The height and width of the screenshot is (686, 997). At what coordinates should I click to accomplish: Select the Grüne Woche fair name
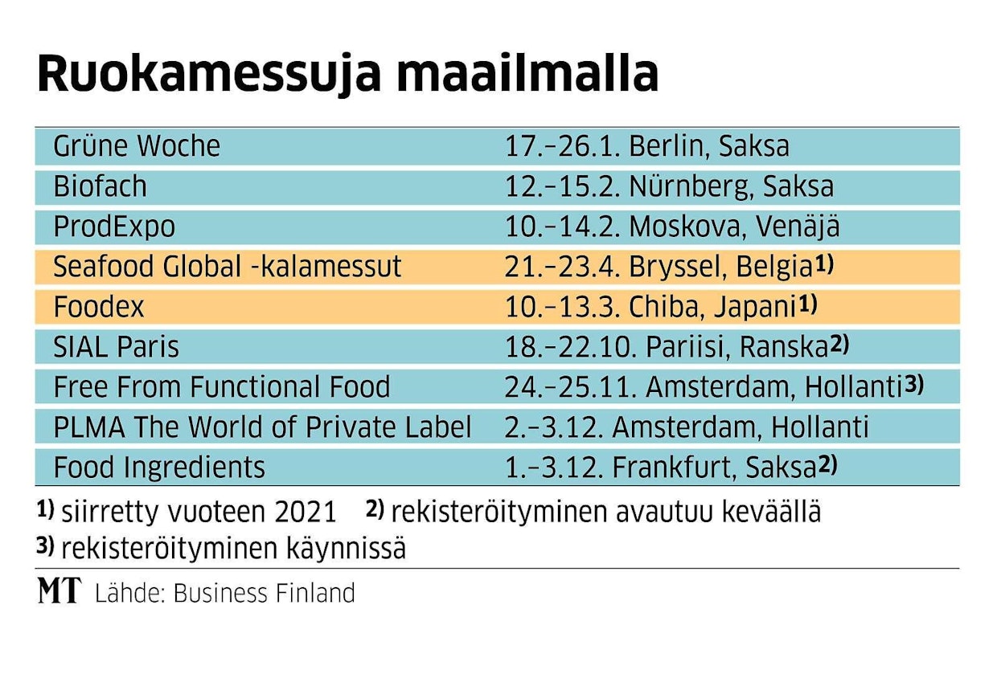136,146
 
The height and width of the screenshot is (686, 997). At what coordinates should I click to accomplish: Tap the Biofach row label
100,186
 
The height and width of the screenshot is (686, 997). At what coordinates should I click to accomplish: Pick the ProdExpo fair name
113,227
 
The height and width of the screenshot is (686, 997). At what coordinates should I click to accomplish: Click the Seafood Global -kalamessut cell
227,267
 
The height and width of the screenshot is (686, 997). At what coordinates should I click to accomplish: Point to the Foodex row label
99,306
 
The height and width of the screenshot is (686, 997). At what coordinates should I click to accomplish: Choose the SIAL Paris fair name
116,346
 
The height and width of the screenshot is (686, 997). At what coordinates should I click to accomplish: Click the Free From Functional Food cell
221,386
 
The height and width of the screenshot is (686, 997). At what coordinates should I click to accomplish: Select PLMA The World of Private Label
262,427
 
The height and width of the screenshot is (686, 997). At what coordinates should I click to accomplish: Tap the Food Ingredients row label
158,467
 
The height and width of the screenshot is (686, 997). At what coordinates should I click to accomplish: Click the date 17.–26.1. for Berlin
563,146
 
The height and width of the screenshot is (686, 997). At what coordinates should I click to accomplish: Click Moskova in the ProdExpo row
688,227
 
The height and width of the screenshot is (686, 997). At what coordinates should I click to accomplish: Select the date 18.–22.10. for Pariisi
571,346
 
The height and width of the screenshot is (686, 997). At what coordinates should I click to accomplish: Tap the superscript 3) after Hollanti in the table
913,383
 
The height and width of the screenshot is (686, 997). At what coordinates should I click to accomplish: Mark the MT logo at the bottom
59,592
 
